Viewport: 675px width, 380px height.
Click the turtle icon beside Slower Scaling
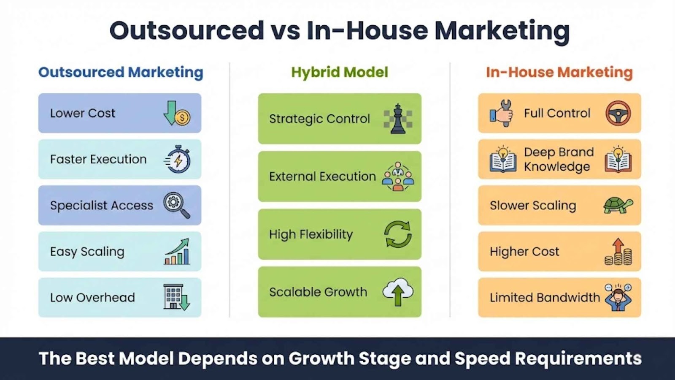[x=618, y=205]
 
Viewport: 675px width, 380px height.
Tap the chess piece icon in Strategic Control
[x=398, y=119]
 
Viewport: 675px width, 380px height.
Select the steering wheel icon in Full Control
[x=618, y=113]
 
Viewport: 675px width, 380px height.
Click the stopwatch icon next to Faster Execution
[x=177, y=159]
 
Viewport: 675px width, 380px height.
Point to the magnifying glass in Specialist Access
[x=177, y=205]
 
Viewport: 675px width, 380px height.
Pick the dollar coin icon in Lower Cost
[x=183, y=117]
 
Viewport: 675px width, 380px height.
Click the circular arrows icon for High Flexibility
[x=398, y=234]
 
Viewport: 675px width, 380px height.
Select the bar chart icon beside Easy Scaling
[x=177, y=252]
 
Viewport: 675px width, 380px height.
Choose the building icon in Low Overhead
[x=177, y=297]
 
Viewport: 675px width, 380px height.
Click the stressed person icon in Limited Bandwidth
[x=618, y=297]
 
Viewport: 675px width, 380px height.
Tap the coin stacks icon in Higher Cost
[x=618, y=252]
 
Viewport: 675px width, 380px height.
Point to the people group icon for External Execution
[x=398, y=176]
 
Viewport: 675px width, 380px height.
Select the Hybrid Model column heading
[x=340, y=72]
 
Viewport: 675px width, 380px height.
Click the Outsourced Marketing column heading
[x=121, y=72]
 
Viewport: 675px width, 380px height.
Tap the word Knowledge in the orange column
[x=557, y=167]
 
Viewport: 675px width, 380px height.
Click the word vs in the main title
[x=286, y=31]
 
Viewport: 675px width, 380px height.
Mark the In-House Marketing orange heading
[x=559, y=72]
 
